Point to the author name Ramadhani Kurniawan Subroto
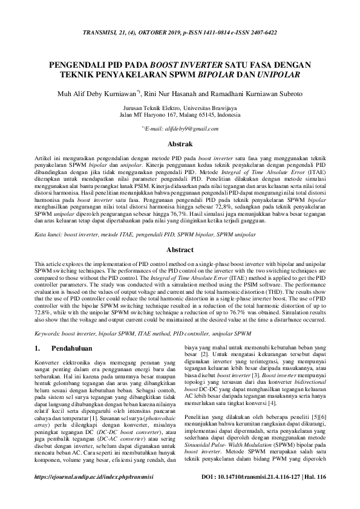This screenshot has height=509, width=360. coord(261,93)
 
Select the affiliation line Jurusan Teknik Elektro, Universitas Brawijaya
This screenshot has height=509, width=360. coord(180,107)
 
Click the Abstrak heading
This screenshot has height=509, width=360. coord(180,144)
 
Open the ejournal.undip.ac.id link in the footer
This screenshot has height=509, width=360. coord(94,494)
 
